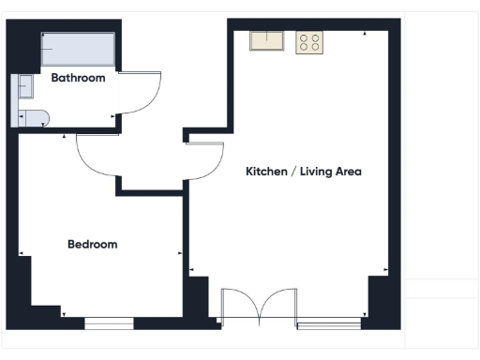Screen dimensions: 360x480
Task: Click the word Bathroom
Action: [x=78, y=78]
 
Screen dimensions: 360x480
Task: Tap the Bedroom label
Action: [x=93, y=245]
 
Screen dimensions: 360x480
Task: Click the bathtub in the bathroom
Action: [x=77, y=50]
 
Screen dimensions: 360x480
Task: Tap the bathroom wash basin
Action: [x=24, y=87]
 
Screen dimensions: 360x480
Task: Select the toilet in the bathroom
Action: [x=32, y=117]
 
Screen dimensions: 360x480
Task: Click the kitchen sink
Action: [x=267, y=41]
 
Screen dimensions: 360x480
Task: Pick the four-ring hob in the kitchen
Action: [x=309, y=42]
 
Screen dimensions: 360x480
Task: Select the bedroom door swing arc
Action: [x=96, y=160]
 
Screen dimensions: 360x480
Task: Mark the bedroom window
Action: [x=109, y=323]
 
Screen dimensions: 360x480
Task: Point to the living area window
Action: [x=328, y=325]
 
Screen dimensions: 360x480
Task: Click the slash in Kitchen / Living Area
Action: [x=296, y=172]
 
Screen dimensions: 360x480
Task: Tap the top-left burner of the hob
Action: [x=304, y=37]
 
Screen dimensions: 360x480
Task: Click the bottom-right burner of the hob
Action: [x=315, y=48]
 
